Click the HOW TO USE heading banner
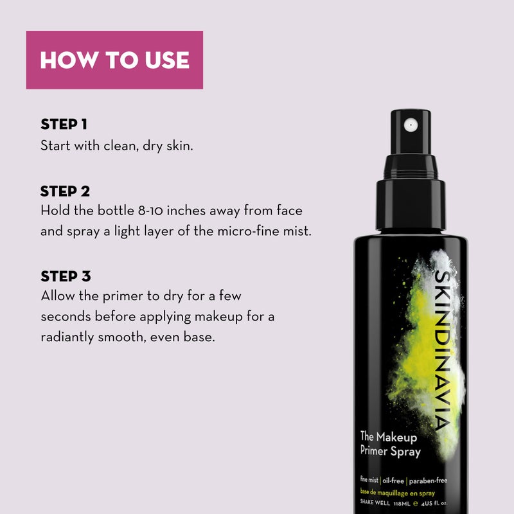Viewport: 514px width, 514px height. pos(114,60)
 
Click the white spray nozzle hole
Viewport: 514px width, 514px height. pos(409,122)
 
